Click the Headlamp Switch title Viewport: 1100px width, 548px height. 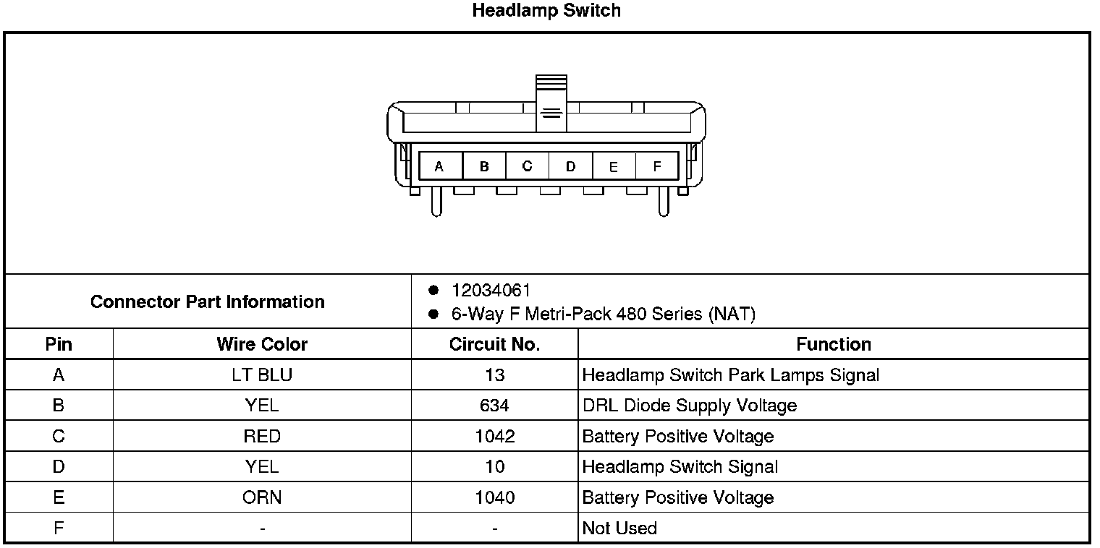point(546,11)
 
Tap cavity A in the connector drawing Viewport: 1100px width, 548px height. point(439,166)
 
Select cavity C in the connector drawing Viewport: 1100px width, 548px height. point(527,166)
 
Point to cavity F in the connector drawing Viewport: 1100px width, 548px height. point(657,166)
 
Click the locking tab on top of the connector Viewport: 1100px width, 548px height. point(551,103)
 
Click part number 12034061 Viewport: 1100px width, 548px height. point(491,291)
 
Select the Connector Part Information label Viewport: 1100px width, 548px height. point(208,301)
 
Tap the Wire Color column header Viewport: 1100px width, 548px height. point(262,344)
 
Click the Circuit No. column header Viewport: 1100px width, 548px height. point(494,344)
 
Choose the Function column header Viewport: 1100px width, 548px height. point(834,344)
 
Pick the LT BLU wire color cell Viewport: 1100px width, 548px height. point(262,375)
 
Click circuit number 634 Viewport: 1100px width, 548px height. point(494,406)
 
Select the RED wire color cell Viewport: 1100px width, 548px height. point(262,437)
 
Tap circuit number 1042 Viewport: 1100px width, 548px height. point(494,437)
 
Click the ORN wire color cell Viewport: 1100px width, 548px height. point(262,497)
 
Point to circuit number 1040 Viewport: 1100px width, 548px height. point(494,497)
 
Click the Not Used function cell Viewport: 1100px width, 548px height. point(619,528)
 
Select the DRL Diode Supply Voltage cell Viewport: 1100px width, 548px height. point(689,406)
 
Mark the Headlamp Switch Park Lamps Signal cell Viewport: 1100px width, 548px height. point(730,375)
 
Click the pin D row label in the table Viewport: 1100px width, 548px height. point(59,467)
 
